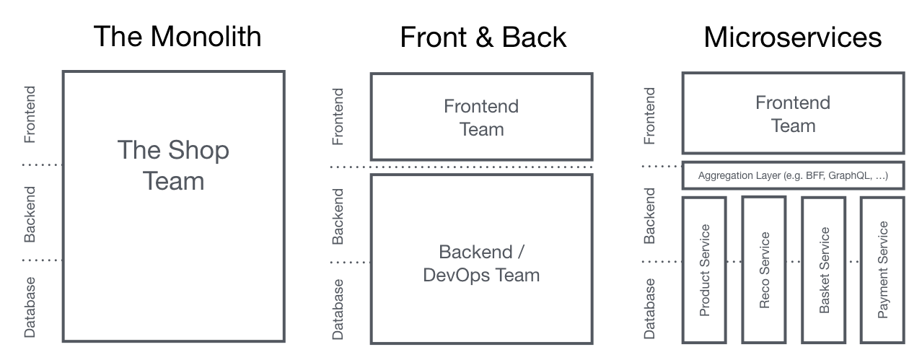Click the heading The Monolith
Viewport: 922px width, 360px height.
point(177,36)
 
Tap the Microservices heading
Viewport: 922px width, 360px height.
point(793,37)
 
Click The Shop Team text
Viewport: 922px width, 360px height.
point(173,165)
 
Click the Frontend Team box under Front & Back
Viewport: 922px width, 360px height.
point(481,118)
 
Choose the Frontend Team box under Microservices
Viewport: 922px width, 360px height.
point(793,113)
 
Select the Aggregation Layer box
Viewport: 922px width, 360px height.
point(793,175)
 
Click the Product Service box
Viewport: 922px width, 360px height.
point(705,270)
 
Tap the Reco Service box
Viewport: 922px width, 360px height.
point(764,270)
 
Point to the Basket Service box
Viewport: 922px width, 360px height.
point(824,270)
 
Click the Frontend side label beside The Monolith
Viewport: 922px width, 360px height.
point(30,115)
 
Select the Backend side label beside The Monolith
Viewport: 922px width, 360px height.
point(30,214)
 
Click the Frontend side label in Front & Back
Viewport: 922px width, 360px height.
point(338,115)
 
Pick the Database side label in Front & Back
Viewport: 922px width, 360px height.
point(338,309)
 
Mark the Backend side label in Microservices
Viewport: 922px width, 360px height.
point(649,215)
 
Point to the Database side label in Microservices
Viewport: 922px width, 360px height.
point(649,308)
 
